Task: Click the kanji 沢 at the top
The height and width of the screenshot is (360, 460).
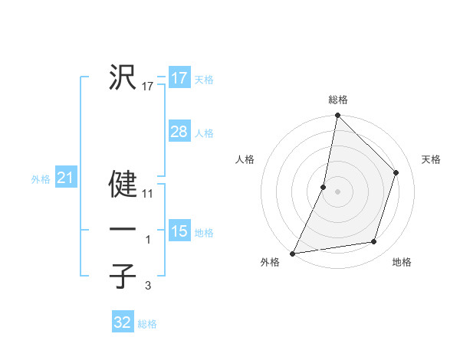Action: (123, 77)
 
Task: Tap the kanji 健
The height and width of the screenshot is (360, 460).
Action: (123, 185)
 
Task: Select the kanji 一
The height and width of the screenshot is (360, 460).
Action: (123, 230)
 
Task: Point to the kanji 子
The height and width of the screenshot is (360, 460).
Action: (123, 276)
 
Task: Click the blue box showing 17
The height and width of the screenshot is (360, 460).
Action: (179, 78)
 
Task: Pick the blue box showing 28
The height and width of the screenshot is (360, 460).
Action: (179, 132)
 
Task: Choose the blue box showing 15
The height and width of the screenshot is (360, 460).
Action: (179, 231)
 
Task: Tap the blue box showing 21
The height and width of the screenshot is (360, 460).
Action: (65, 178)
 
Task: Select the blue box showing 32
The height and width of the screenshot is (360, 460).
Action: (123, 322)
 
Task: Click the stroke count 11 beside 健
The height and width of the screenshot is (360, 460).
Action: (148, 195)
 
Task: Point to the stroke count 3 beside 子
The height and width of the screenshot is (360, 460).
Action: (148, 286)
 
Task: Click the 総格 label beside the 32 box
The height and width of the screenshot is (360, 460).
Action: (147, 324)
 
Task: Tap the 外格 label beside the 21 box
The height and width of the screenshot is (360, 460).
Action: (41, 179)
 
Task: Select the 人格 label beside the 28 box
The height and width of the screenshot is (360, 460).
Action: (204, 133)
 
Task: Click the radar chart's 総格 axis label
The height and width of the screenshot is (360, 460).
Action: (338, 100)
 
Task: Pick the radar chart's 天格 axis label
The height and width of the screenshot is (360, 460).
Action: (431, 159)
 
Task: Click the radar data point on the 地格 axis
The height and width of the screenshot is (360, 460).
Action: (374, 242)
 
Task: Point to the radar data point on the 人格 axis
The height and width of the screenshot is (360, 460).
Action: (324, 187)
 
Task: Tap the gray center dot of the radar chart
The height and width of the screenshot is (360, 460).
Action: (338, 191)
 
